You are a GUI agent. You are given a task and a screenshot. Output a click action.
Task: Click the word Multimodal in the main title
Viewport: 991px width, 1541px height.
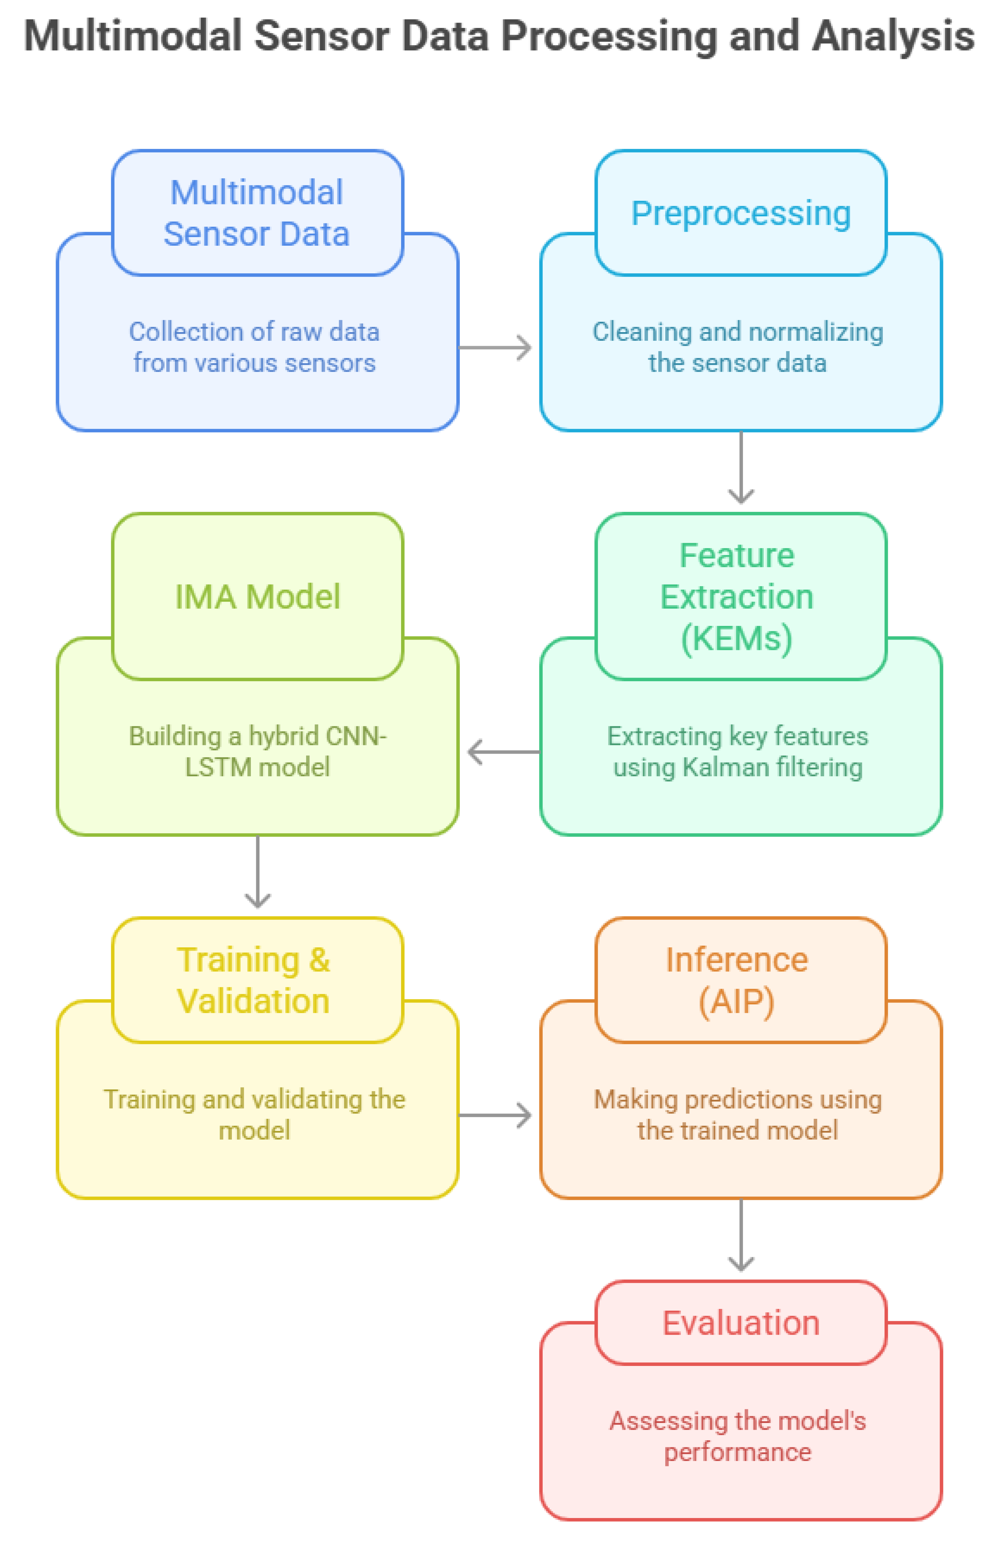pyautogui.click(x=132, y=36)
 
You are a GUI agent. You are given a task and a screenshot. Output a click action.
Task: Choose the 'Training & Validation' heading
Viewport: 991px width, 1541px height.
pyautogui.click(x=253, y=980)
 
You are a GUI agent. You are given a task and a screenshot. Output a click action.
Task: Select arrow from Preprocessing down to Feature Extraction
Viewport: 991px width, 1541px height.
pyautogui.click(x=741, y=467)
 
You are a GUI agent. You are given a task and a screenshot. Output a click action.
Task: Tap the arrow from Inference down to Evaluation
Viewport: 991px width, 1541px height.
pyautogui.click(x=741, y=1234)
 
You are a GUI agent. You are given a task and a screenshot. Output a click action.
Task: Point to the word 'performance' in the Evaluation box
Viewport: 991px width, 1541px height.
pyautogui.click(x=738, y=1452)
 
